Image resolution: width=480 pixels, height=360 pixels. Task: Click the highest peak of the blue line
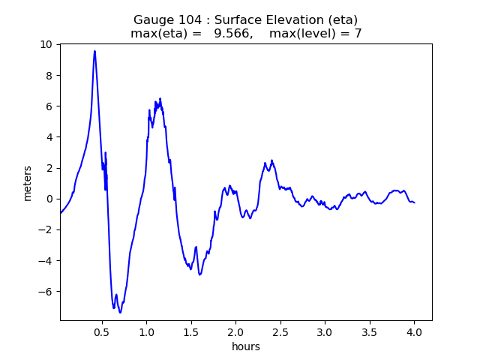pos(94,51)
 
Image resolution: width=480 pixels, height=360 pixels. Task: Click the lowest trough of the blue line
pos(120,312)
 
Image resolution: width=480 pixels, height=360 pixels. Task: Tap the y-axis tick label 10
pos(47,44)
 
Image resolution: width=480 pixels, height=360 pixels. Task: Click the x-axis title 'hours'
pos(246,346)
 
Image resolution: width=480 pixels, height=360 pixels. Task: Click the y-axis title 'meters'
pos(28,183)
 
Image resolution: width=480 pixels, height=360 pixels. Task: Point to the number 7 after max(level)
pos(358,34)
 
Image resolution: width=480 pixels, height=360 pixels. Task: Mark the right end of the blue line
pos(414,202)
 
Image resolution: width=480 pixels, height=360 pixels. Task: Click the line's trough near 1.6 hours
pos(199,274)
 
